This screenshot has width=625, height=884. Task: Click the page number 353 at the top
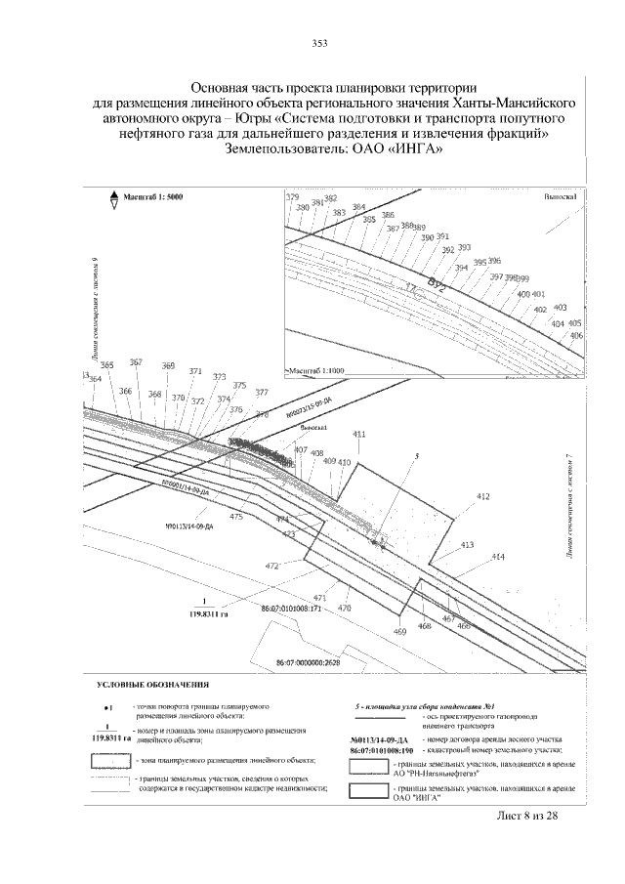(x=318, y=42)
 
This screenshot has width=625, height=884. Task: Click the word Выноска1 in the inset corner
(x=560, y=197)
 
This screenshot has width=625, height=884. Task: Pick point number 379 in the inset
(x=291, y=197)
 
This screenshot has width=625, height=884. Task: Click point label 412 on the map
(x=482, y=497)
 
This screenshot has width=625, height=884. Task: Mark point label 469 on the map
(x=399, y=632)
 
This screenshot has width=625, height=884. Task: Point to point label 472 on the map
(x=272, y=566)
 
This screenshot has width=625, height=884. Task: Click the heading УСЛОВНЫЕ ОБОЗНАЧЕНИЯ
(x=153, y=685)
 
